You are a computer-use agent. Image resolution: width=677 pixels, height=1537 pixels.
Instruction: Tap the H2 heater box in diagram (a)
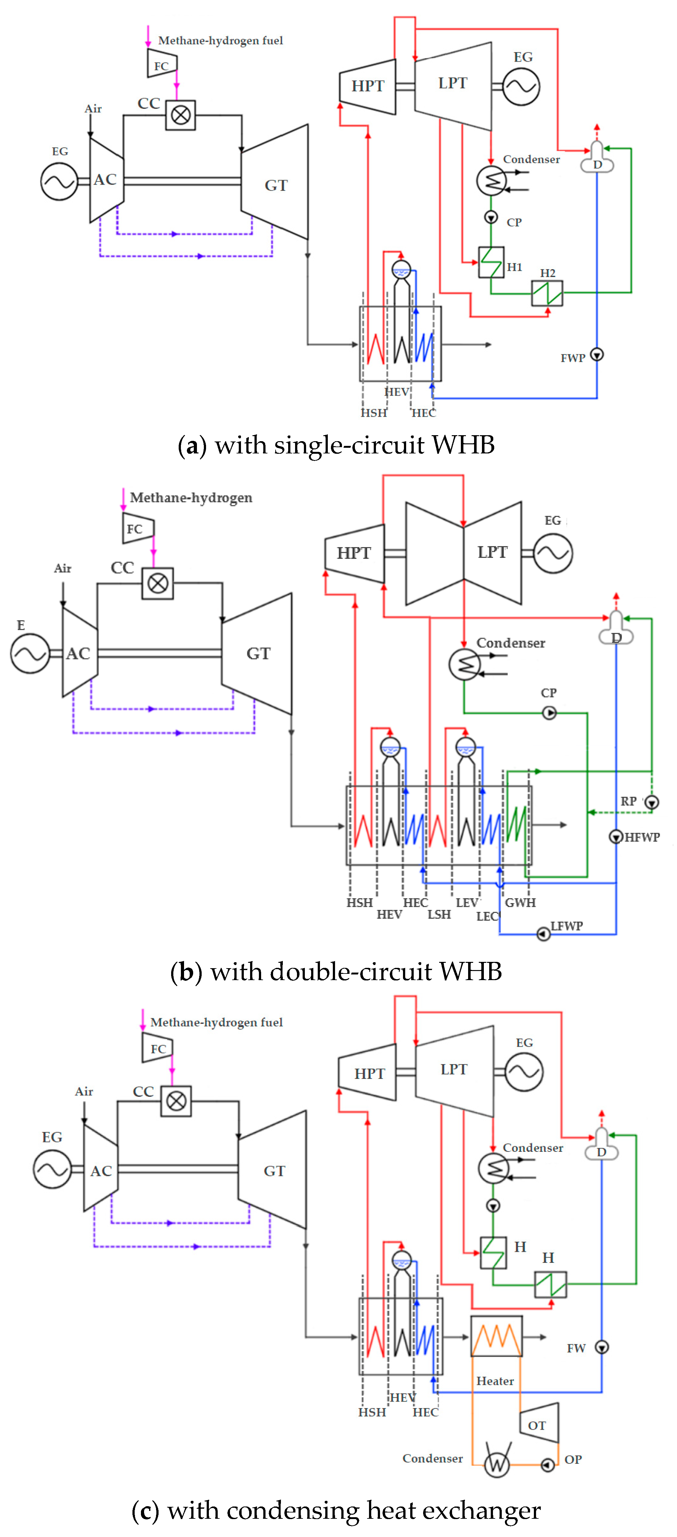point(547,293)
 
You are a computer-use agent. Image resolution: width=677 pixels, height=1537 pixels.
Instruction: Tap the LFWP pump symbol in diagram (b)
point(543,933)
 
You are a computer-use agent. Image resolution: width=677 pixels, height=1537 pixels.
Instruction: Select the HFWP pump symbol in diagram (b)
point(616,836)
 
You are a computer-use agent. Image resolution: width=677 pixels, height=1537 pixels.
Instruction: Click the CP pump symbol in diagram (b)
point(549,713)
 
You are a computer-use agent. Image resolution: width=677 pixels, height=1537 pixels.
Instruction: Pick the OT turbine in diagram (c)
point(539,1423)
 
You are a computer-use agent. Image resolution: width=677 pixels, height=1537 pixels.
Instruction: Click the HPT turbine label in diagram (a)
point(368,86)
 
